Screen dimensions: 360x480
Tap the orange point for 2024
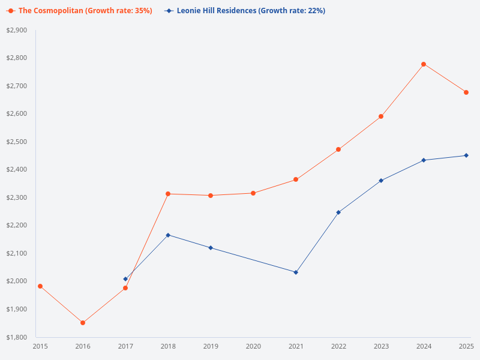(x=424, y=64)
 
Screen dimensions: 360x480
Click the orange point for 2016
(x=83, y=323)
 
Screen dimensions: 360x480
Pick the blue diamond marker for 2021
(x=296, y=272)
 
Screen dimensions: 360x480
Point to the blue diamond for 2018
(x=168, y=235)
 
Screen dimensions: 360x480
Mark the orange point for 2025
(x=466, y=92)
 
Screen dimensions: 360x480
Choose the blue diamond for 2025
(x=466, y=155)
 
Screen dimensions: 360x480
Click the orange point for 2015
(x=40, y=286)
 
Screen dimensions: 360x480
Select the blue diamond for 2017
(x=125, y=279)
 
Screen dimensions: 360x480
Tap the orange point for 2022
(x=338, y=149)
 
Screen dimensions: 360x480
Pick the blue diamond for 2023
(x=381, y=181)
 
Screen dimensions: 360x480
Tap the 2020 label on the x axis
(x=253, y=346)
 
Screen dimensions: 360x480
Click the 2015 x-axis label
(x=40, y=346)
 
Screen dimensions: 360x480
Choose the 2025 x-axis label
(x=466, y=346)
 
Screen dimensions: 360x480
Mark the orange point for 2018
(x=168, y=194)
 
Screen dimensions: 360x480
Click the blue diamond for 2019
(x=211, y=248)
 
